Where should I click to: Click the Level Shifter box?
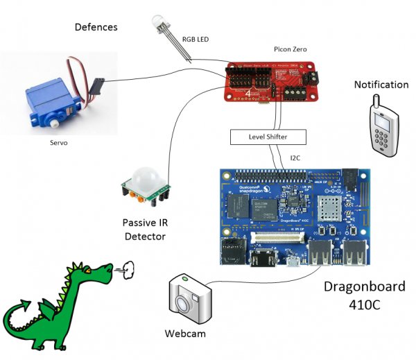267,137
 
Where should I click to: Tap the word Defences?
96,27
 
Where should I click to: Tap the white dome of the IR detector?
143,178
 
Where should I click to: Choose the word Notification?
381,85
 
